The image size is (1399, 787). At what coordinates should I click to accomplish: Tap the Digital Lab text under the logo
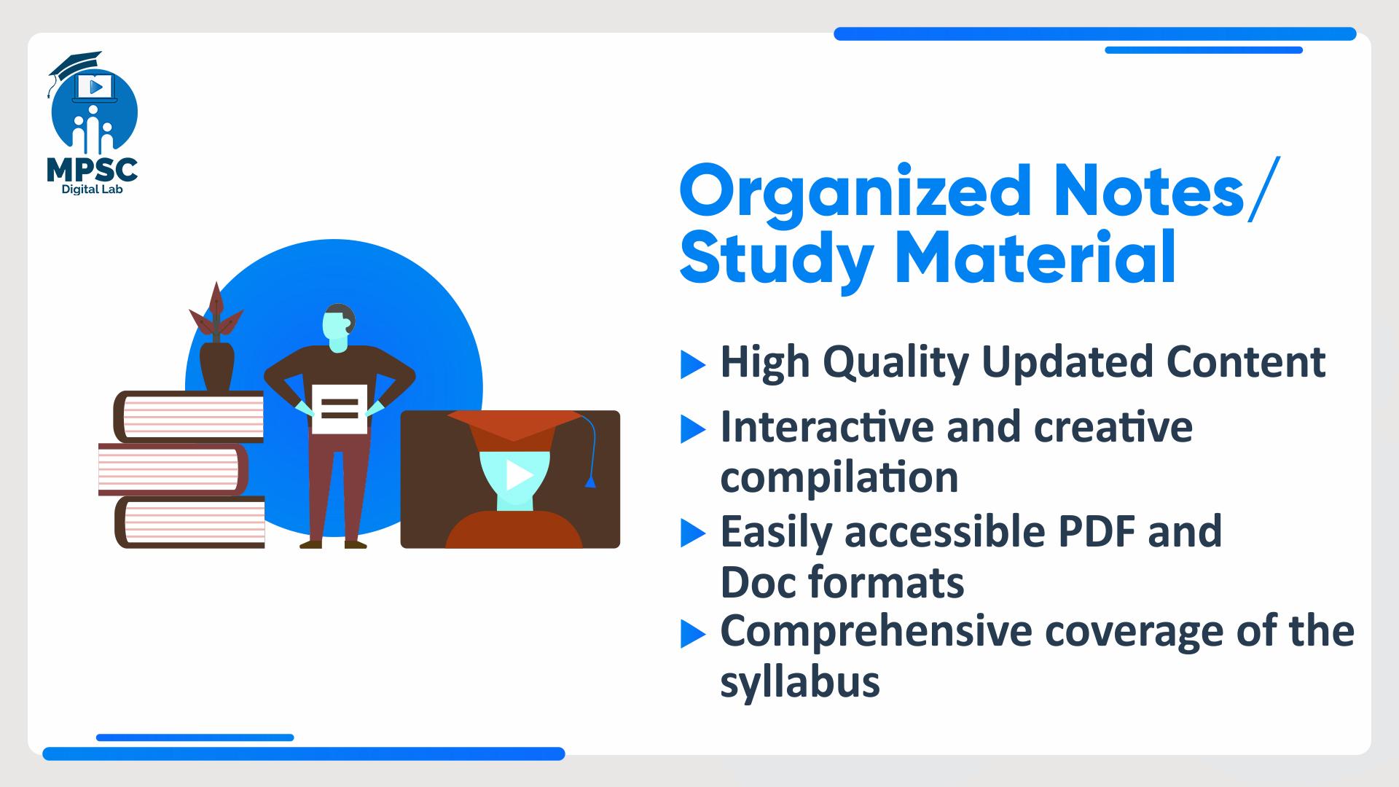tap(92, 189)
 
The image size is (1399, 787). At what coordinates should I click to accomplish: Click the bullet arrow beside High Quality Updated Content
tap(692, 365)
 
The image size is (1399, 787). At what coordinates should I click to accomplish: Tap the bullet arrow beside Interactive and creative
tap(692, 430)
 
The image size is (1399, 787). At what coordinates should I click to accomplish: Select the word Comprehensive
tap(877, 632)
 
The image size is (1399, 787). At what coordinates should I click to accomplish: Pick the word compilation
tap(839, 478)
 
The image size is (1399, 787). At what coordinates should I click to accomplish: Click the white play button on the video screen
tap(519, 475)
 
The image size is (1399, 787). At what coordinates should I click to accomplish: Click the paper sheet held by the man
tap(340, 410)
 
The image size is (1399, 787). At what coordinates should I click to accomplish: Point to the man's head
tap(339, 328)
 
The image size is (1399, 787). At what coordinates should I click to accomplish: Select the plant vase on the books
tap(216, 367)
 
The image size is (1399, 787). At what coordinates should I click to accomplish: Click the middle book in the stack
tap(173, 469)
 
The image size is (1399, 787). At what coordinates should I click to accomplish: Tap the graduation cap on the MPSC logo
tap(75, 63)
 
